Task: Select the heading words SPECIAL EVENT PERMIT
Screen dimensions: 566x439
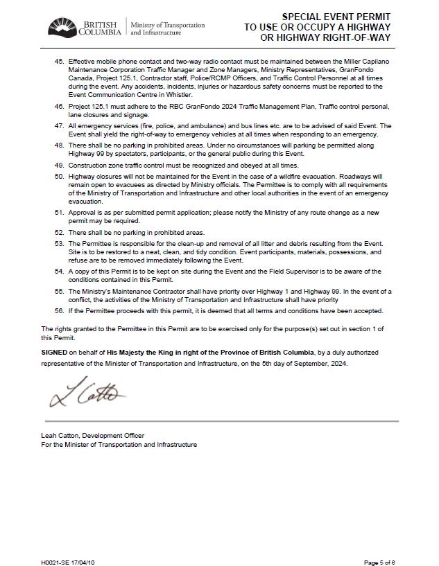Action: [x=336, y=17]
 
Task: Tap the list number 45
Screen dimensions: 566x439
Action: [x=59, y=62]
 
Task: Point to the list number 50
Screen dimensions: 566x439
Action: [x=59, y=177]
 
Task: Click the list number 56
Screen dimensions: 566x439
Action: [x=59, y=312]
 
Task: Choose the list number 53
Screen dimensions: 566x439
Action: [x=59, y=245]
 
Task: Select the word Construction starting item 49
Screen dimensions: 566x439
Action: [x=87, y=166]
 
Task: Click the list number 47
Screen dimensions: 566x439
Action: [x=59, y=125]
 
